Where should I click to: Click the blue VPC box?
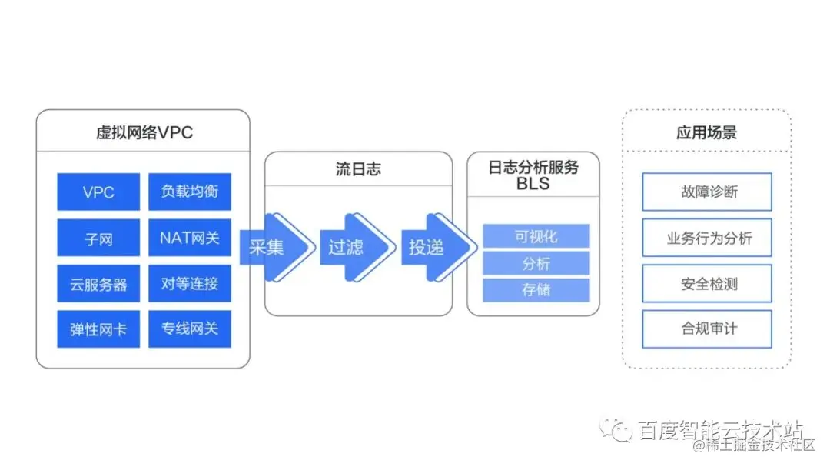point(98,192)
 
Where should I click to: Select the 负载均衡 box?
point(190,192)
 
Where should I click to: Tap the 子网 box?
point(98,238)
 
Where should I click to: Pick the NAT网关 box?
point(190,238)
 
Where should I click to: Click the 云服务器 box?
point(98,284)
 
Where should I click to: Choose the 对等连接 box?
point(190,284)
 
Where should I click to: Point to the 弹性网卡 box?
point(98,329)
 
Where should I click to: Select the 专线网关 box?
point(190,329)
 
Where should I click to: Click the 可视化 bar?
point(536,236)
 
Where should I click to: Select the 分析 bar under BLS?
point(536,263)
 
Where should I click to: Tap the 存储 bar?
point(536,290)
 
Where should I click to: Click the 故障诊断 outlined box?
point(707,192)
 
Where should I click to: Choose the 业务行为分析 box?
point(707,238)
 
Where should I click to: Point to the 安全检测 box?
point(707,284)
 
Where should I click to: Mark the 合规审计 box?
point(707,329)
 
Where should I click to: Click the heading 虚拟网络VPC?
point(144,132)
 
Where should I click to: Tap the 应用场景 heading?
point(706,132)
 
